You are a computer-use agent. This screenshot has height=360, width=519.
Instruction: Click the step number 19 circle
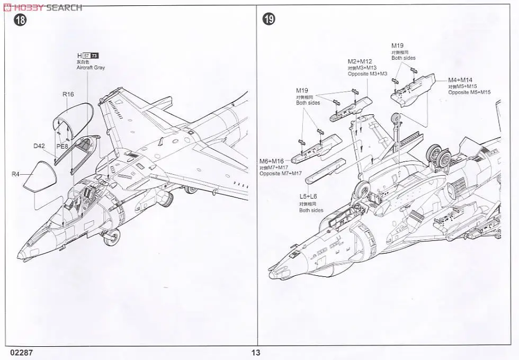pos(269,20)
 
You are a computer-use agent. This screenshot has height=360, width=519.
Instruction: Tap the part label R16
pos(68,95)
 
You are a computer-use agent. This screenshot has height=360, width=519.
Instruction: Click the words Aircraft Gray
pos(91,68)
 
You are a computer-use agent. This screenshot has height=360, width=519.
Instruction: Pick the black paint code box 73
pos(95,56)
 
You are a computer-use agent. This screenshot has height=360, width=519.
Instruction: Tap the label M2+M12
pos(360,61)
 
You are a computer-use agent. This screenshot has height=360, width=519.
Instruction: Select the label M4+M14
pos(460,80)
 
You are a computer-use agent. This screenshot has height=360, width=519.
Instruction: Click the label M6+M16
pos(272,161)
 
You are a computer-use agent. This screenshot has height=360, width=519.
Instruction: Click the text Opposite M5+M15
pos(469,93)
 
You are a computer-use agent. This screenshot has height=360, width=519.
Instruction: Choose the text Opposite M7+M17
pos(280,174)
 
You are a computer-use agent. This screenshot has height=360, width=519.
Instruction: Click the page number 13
pos(256,353)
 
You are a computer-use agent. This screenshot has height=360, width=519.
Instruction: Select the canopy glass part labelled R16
pos(73,116)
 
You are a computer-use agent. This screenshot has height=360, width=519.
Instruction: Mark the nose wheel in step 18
pos(111,238)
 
